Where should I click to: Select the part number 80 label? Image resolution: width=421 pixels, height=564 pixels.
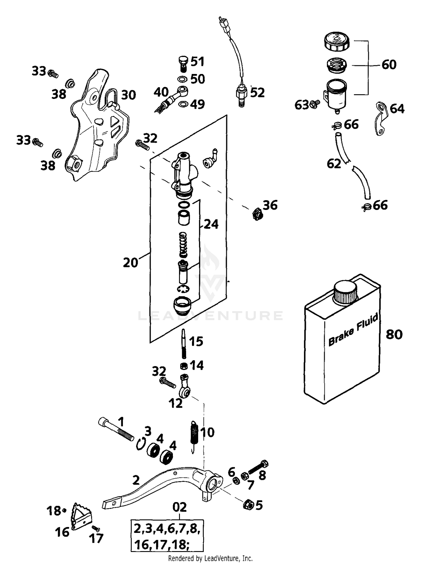pos(394,334)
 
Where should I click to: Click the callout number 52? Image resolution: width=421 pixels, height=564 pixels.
pos(257,93)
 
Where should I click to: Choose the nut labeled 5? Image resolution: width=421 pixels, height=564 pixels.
pos(248,504)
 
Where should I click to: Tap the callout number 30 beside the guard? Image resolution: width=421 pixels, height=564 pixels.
pos(129,95)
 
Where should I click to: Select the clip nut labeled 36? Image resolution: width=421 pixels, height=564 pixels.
pos(257,214)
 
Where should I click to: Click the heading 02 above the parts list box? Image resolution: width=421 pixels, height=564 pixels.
pos(179,507)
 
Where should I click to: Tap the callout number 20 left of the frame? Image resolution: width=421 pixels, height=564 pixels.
pos(131,263)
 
